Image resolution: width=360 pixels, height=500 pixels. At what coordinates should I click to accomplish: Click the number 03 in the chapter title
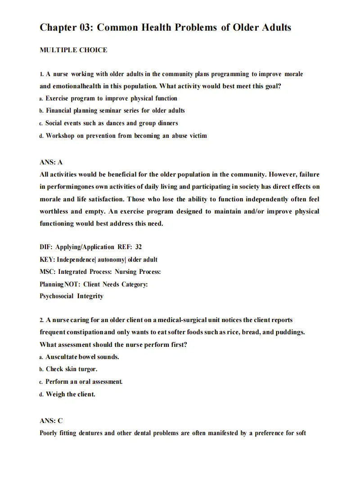pos(85,27)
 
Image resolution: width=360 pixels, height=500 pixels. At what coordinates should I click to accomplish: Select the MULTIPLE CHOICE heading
pos(73,50)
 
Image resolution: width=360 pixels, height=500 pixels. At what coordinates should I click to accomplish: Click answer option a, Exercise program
pos(111,98)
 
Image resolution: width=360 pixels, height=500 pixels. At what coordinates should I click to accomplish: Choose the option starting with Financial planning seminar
pos(115,110)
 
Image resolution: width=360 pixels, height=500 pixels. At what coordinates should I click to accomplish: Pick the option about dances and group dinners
pos(112,123)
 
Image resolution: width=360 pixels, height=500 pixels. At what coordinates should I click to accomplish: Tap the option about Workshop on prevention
pos(126,136)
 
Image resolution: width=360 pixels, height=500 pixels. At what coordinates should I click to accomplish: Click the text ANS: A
pos(51,162)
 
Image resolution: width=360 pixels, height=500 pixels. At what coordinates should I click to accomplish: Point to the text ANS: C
pos(51,421)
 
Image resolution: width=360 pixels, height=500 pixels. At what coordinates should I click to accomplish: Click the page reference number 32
pos(138,247)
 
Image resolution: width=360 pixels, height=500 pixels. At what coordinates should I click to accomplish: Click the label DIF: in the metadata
pos(46,247)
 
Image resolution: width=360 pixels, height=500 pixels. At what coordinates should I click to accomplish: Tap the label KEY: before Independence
pos(47,259)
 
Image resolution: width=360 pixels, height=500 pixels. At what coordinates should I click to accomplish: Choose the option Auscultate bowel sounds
pos(82,357)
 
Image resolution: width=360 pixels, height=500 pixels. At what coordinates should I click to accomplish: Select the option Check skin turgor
pos(72,369)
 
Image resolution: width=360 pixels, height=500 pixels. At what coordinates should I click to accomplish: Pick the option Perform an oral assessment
pos(84,382)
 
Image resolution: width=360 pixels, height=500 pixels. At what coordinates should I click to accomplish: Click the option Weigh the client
pos(71,394)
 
